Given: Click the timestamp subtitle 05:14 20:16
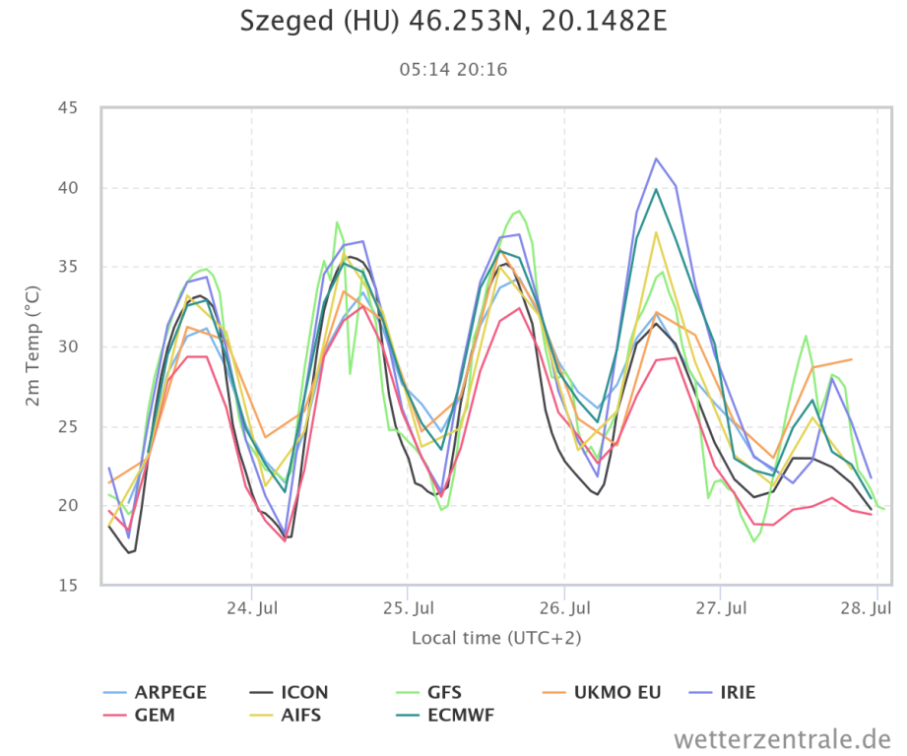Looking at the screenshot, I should click(x=453, y=69).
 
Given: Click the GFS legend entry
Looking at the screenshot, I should click(x=444, y=692).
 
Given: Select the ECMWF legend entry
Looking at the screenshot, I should click(x=461, y=716).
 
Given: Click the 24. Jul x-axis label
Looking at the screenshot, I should click(x=252, y=607).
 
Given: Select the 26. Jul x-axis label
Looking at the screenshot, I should click(x=564, y=607).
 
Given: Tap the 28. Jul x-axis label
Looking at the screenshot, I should click(x=876, y=607).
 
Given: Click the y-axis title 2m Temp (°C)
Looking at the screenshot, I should click(x=32, y=346).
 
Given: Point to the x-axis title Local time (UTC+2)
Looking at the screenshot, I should click(x=496, y=638).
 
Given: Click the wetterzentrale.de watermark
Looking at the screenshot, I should click(x=782, y=737).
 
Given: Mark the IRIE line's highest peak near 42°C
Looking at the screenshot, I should click(x=656, y=158).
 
